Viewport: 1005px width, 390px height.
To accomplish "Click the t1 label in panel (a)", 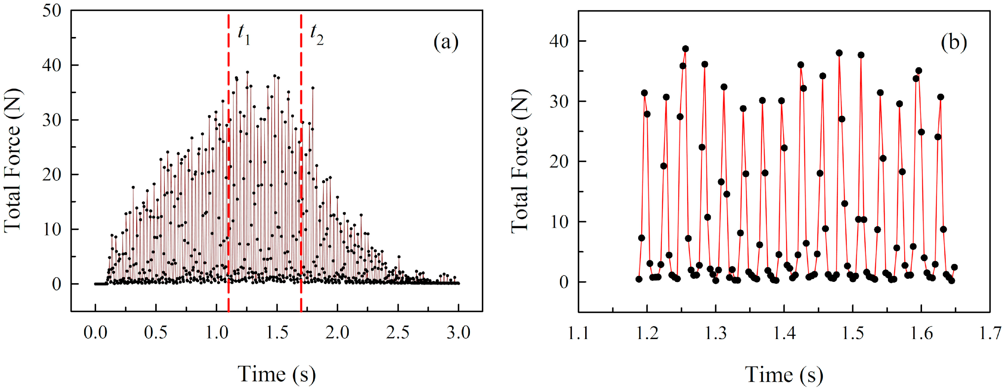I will (244, 34).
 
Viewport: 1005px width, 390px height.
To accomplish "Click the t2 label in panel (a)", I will (316, 34).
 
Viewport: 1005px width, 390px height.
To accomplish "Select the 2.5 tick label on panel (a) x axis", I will (398, 333).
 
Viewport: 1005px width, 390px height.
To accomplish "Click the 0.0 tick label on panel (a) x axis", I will (95, 333).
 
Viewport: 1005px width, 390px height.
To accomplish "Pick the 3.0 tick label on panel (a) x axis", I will (458, 333).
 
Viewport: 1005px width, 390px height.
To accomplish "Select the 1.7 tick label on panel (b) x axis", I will (990, 333).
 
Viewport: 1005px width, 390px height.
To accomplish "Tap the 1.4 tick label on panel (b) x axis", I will (784, 333).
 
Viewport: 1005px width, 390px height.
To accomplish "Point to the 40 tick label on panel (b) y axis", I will (559, 41).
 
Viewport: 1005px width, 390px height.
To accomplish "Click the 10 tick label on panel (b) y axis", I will (559, 222).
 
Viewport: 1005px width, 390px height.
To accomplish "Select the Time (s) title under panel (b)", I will (784, 374).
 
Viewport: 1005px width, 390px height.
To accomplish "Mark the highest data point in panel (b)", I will (686, 49).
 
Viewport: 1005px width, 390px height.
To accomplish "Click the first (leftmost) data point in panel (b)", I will (639, 279).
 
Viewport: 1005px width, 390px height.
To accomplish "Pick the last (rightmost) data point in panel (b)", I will (954, 267).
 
